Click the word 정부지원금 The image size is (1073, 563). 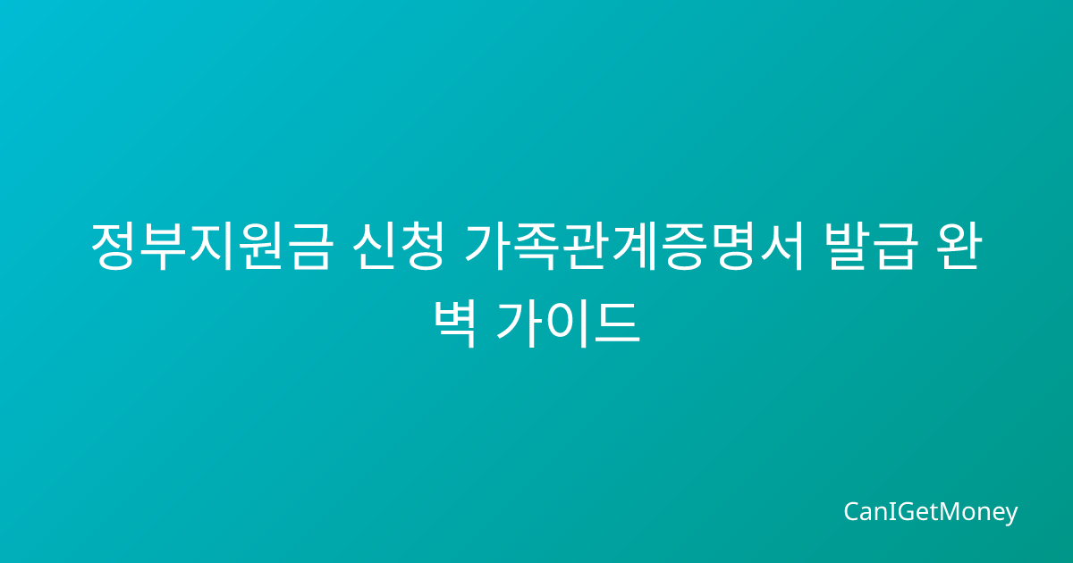coord(211,247)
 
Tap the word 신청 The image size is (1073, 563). coord(399,247)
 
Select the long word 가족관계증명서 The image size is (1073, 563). coord(634,247)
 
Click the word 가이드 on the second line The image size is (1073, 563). coord(568,324)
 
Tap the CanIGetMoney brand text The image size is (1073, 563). coord(930,512)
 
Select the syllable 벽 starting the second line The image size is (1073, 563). coord(454,324)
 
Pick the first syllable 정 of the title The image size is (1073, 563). coord(113,247)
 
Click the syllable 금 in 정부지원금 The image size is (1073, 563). coord(309,247)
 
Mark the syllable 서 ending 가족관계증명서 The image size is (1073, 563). coord(782,247)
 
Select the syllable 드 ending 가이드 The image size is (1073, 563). coord(618,324)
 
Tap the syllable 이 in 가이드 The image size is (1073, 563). coord(568,324)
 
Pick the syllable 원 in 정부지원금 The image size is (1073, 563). coord(260,247)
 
